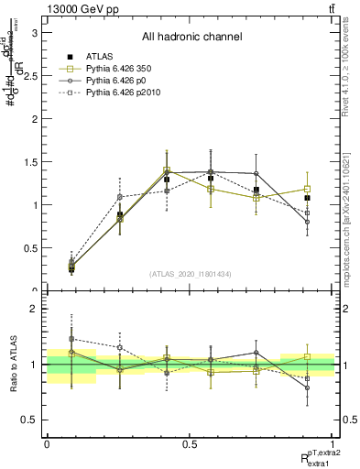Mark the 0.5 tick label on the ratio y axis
coord(30,420)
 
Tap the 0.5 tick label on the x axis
coord(190,444)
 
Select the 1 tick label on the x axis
coord(333,444)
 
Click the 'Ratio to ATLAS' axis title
coord(12,365)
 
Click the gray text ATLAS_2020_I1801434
coord(191,274)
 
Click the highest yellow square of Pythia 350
coord(166,170)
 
